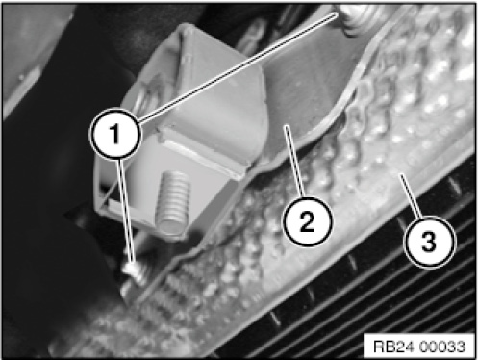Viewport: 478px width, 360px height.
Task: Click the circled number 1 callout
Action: (115, 134)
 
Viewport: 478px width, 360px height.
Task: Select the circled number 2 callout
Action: (307, 221)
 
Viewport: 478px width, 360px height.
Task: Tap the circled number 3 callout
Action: (429, 242)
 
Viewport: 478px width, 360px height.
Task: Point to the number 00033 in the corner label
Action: (441, 347)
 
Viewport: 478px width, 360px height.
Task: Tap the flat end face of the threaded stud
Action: (170, 228)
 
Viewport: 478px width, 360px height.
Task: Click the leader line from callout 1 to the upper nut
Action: (238, 67)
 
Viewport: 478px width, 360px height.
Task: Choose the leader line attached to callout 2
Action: (293, 162)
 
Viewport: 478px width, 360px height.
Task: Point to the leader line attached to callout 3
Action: (411, 196)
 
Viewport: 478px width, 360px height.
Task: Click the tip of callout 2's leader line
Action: (286, 126)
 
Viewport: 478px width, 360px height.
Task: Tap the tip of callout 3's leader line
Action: (400, 174)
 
